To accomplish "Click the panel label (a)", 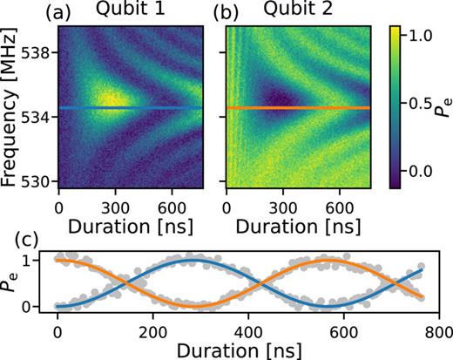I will coord(71,11).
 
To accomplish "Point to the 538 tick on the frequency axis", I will coord(38,52).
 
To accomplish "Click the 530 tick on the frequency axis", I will coord(38,180).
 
